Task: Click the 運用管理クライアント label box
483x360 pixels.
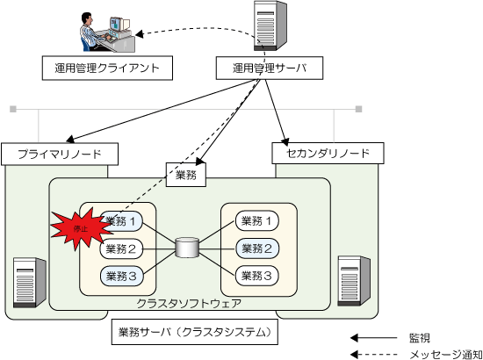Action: [107, 68]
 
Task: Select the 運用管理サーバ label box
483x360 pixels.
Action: [270, 68]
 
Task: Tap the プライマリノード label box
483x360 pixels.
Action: [60, 154]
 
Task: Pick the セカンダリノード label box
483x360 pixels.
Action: [328, 153]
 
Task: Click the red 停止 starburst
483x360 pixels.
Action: [81, 228]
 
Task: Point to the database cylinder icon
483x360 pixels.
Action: [187, 248]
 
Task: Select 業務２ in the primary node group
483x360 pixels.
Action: [121, 248]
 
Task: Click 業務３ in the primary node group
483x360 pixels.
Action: [122, 276]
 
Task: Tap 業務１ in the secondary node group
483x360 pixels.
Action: [257, 221]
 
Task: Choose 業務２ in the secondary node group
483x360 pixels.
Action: [257, 248]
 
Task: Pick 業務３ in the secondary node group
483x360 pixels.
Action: [257, 276]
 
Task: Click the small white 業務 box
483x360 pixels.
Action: [186, 175]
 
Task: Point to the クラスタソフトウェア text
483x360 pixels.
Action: [189, 304]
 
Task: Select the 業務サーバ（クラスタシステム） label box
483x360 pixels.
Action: [194, 332]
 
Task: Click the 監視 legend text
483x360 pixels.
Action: [419, 338]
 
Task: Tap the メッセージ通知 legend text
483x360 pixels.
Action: [446, 355]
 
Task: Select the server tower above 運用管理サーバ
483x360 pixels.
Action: [270, 25]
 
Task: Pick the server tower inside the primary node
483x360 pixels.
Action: [30, 283]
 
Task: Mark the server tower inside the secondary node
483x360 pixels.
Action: [354, 281]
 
